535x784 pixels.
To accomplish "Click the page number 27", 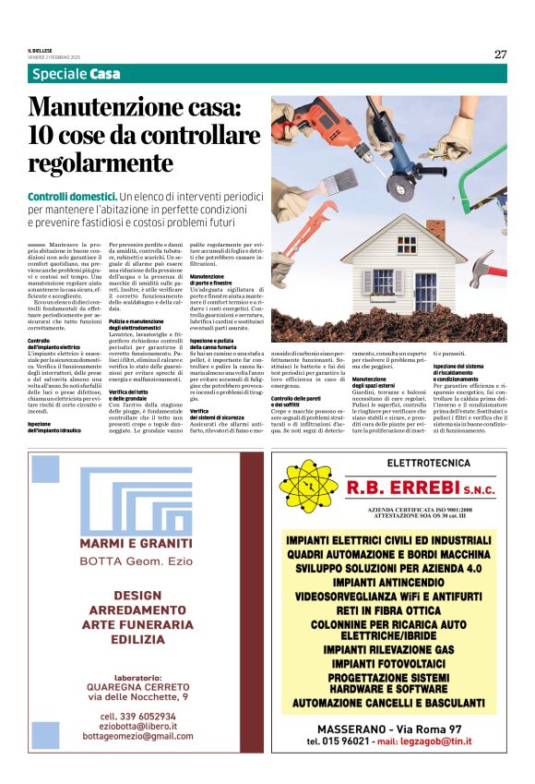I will coord(500,54).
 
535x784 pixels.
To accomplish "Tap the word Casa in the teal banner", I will coord(105,74).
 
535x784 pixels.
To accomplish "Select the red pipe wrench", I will coord(305,230).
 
